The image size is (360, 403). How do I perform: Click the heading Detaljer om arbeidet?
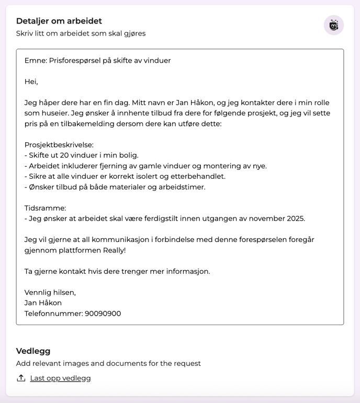coord(59,21)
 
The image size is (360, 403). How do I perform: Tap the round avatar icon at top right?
coord(333,25)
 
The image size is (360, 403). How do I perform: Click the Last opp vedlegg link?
coord(60,378)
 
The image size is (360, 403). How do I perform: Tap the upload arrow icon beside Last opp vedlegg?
coord(21,378)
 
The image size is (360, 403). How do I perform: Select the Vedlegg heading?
coord(33,351)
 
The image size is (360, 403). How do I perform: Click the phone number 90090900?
coord(103,314)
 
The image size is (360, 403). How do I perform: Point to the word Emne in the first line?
coord(35,61)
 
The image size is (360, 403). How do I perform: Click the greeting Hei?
coord(31,82)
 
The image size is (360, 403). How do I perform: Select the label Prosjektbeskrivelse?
coord(59,145)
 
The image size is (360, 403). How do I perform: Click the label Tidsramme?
coord(45,208)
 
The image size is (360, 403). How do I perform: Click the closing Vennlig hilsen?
coord(50,292)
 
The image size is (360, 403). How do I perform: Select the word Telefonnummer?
coord(53,314)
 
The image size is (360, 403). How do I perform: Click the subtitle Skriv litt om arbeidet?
coord(81,33)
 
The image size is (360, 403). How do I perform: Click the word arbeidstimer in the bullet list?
coord(183,187)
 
